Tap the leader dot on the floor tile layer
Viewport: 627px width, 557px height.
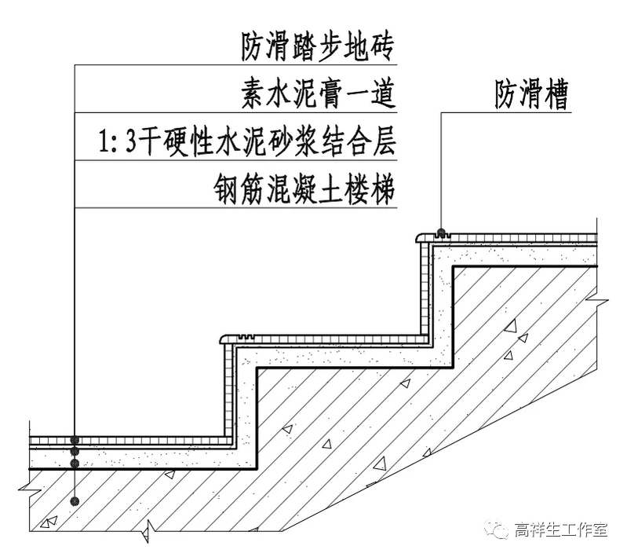click(x=75, y=441)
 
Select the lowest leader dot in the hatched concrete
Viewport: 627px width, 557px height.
click(x=75, y=500)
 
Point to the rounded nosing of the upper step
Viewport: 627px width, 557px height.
click(x=419, y=236)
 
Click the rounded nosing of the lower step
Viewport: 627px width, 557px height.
click(x=223, y=339)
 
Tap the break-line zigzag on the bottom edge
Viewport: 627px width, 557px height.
click(x=146, y=535)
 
